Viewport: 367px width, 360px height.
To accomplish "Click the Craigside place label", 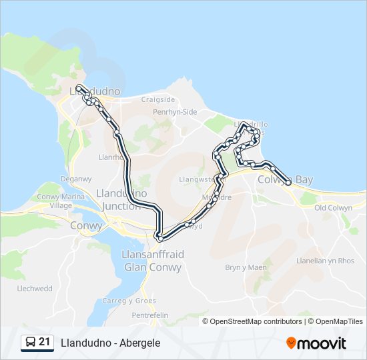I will pyautogui.click(x=157, y=99).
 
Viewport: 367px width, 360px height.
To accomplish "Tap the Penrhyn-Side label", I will pyautogui.click(x=175, y=112).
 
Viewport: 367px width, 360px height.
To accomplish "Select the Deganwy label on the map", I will pyautogui.click(x=75, y=179).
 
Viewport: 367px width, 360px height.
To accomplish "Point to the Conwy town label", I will pyautogui.click(x=87, y=225).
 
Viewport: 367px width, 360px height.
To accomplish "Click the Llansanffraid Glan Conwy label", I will pyautogui.click(x=153, y=261).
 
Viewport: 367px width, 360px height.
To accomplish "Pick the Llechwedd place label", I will pyautogui.click(x=35, y=289).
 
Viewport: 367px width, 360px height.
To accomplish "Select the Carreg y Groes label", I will pyautogui.click(x=138, y=301).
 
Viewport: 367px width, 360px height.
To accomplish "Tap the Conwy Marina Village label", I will pyautogui.click(x=61, y=201).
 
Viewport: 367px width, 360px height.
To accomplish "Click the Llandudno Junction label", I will pyautogui.click(x=122, y=199).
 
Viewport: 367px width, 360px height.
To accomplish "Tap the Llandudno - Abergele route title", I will pyautogui.click(x=110, y=343).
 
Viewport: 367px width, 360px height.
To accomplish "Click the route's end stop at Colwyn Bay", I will pyautogui.click(x=288, y=181).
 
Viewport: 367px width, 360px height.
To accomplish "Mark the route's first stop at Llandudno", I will pyautogui.click(x=79, y=87).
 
